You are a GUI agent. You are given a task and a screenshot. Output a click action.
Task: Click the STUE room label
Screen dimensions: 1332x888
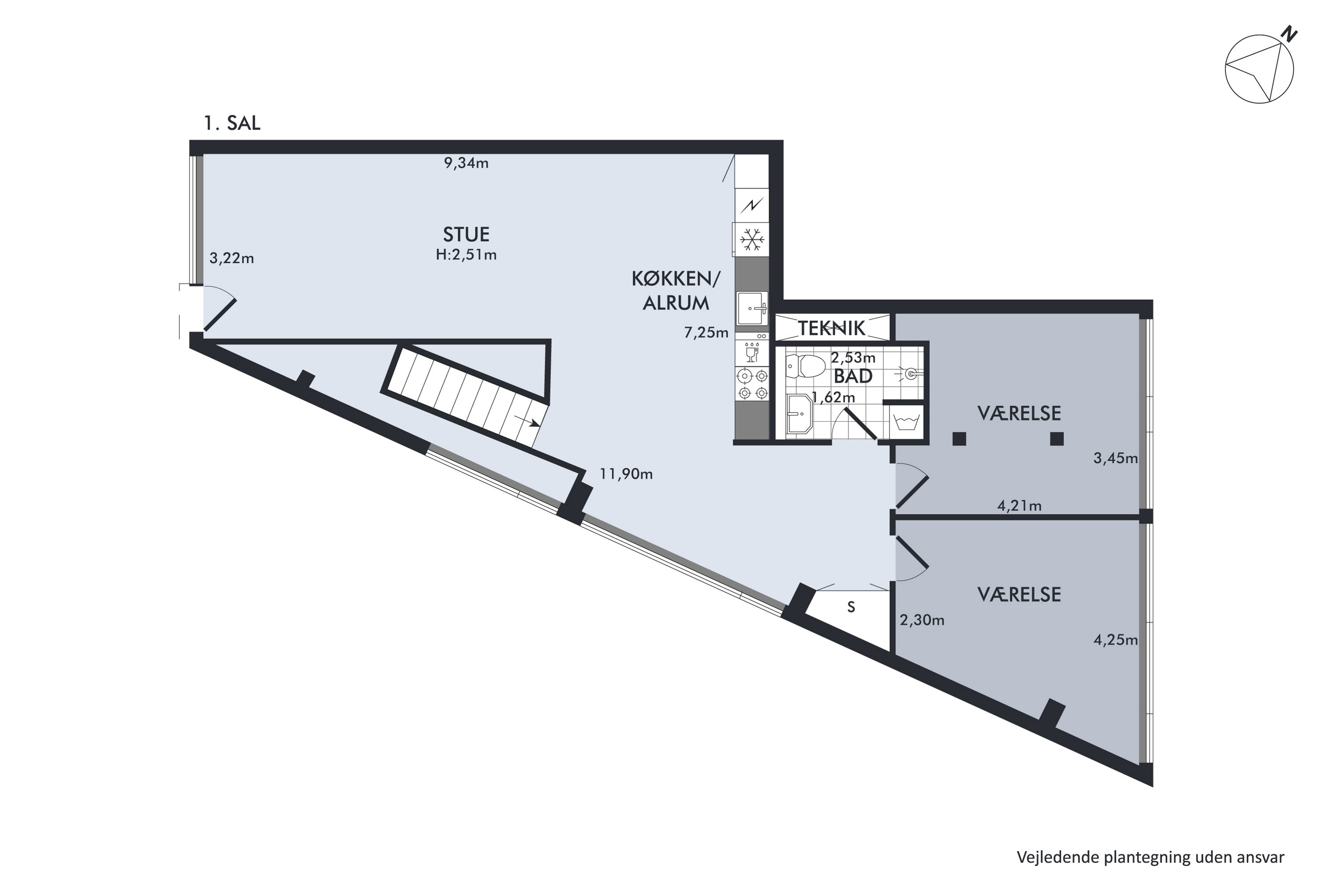coord(466,234)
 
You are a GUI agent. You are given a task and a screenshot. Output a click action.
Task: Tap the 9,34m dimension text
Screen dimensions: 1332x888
coord(466,163)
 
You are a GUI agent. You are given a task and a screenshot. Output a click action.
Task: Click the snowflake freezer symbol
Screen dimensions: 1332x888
coord(752,240)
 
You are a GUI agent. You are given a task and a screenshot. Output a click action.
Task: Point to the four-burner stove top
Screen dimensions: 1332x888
coord(753,384)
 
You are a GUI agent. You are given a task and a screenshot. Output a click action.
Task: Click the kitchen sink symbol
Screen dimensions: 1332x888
coord(752,309)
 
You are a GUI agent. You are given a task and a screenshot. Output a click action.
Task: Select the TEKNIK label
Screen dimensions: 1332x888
coord(832,328)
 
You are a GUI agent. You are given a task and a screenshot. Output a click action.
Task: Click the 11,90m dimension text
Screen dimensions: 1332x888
coord(626,474)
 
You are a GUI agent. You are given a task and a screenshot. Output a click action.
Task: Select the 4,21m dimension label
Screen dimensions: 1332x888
coord(1019,506)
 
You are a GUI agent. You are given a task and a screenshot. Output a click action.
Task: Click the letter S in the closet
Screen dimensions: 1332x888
coord(851,607)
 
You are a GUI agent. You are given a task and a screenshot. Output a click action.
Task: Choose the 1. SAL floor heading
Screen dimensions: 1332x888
coord(232,123)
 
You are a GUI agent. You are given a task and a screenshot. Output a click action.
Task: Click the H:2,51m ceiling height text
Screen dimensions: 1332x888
coord(466,255)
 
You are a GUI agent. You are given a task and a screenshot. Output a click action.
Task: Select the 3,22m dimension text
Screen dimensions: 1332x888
coord(232,259)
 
